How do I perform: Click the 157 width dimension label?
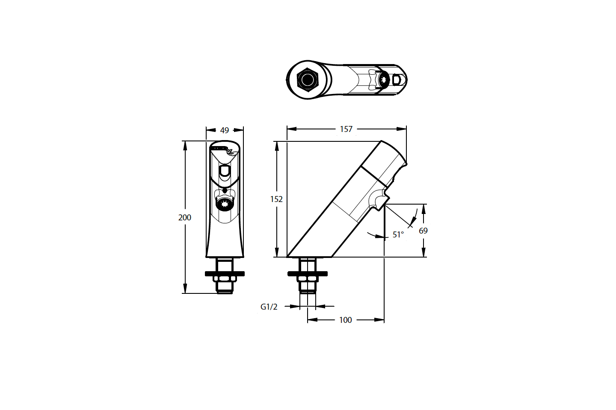pyautogui.click(x=346, y=129)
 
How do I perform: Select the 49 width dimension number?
pyautogui.click(x=225, y=130)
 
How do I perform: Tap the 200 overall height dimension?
pyautogui.click(x=184, y=217)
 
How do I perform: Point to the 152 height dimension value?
pyautogui.click(x=276, y=199)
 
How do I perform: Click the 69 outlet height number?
pyautogui.click(x=423, y=231)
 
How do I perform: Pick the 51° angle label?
pyautogui.click(x=398, y=234)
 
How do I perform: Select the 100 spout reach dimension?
pyautogui.click(x=345, y=320)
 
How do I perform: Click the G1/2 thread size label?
pyautogui.click(x=269, y=307)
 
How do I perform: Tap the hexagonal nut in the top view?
pyautogui.click(x=307, y=80)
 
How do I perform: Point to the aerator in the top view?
pyautogui.click(x=384, y=80)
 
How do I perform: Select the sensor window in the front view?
pyautogui.click(x=225, y=170)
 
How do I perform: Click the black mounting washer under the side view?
pyautogui.click(x=308, y=273)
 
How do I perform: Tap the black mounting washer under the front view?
pyautogui.click(x=225, y=273)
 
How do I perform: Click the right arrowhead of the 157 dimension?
pyautogui.click(x=402, y=129)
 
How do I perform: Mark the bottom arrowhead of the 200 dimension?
pyautogui.click(x=185, y=288)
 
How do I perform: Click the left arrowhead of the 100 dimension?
pyautogui.click(x=312, y=319)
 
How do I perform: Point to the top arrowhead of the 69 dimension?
pyautogui.click(x=423, y=209)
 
